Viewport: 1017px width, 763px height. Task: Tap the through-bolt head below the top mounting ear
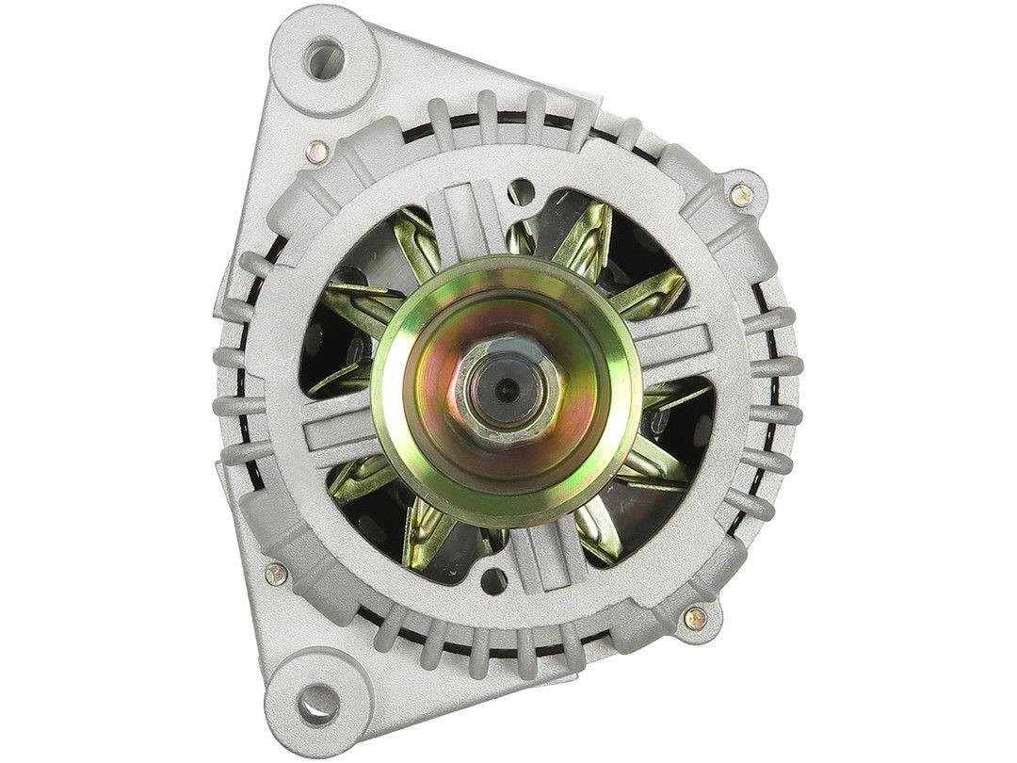[318, 148]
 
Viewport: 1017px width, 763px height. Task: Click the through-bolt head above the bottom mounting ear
[275, 572]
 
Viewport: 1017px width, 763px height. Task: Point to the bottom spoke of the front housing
[546, 556]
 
